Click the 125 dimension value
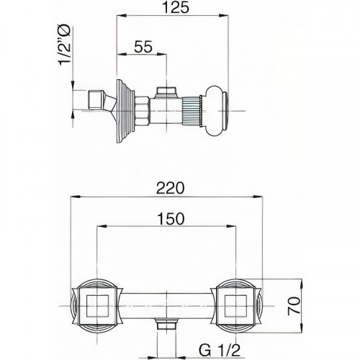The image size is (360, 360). coord(176,7)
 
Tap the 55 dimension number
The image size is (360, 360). coord(143,47)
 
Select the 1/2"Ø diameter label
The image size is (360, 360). coord(65,45)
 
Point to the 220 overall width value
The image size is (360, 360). coord(170,188)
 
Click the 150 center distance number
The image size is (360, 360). coord(171,219)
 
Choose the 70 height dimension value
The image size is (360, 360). coord(294,305)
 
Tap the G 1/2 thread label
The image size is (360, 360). coord(219,351)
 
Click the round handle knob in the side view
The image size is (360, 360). coord(216,111)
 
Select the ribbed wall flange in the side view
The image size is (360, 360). coord(125,111)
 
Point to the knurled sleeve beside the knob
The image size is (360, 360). coord(192,111)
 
